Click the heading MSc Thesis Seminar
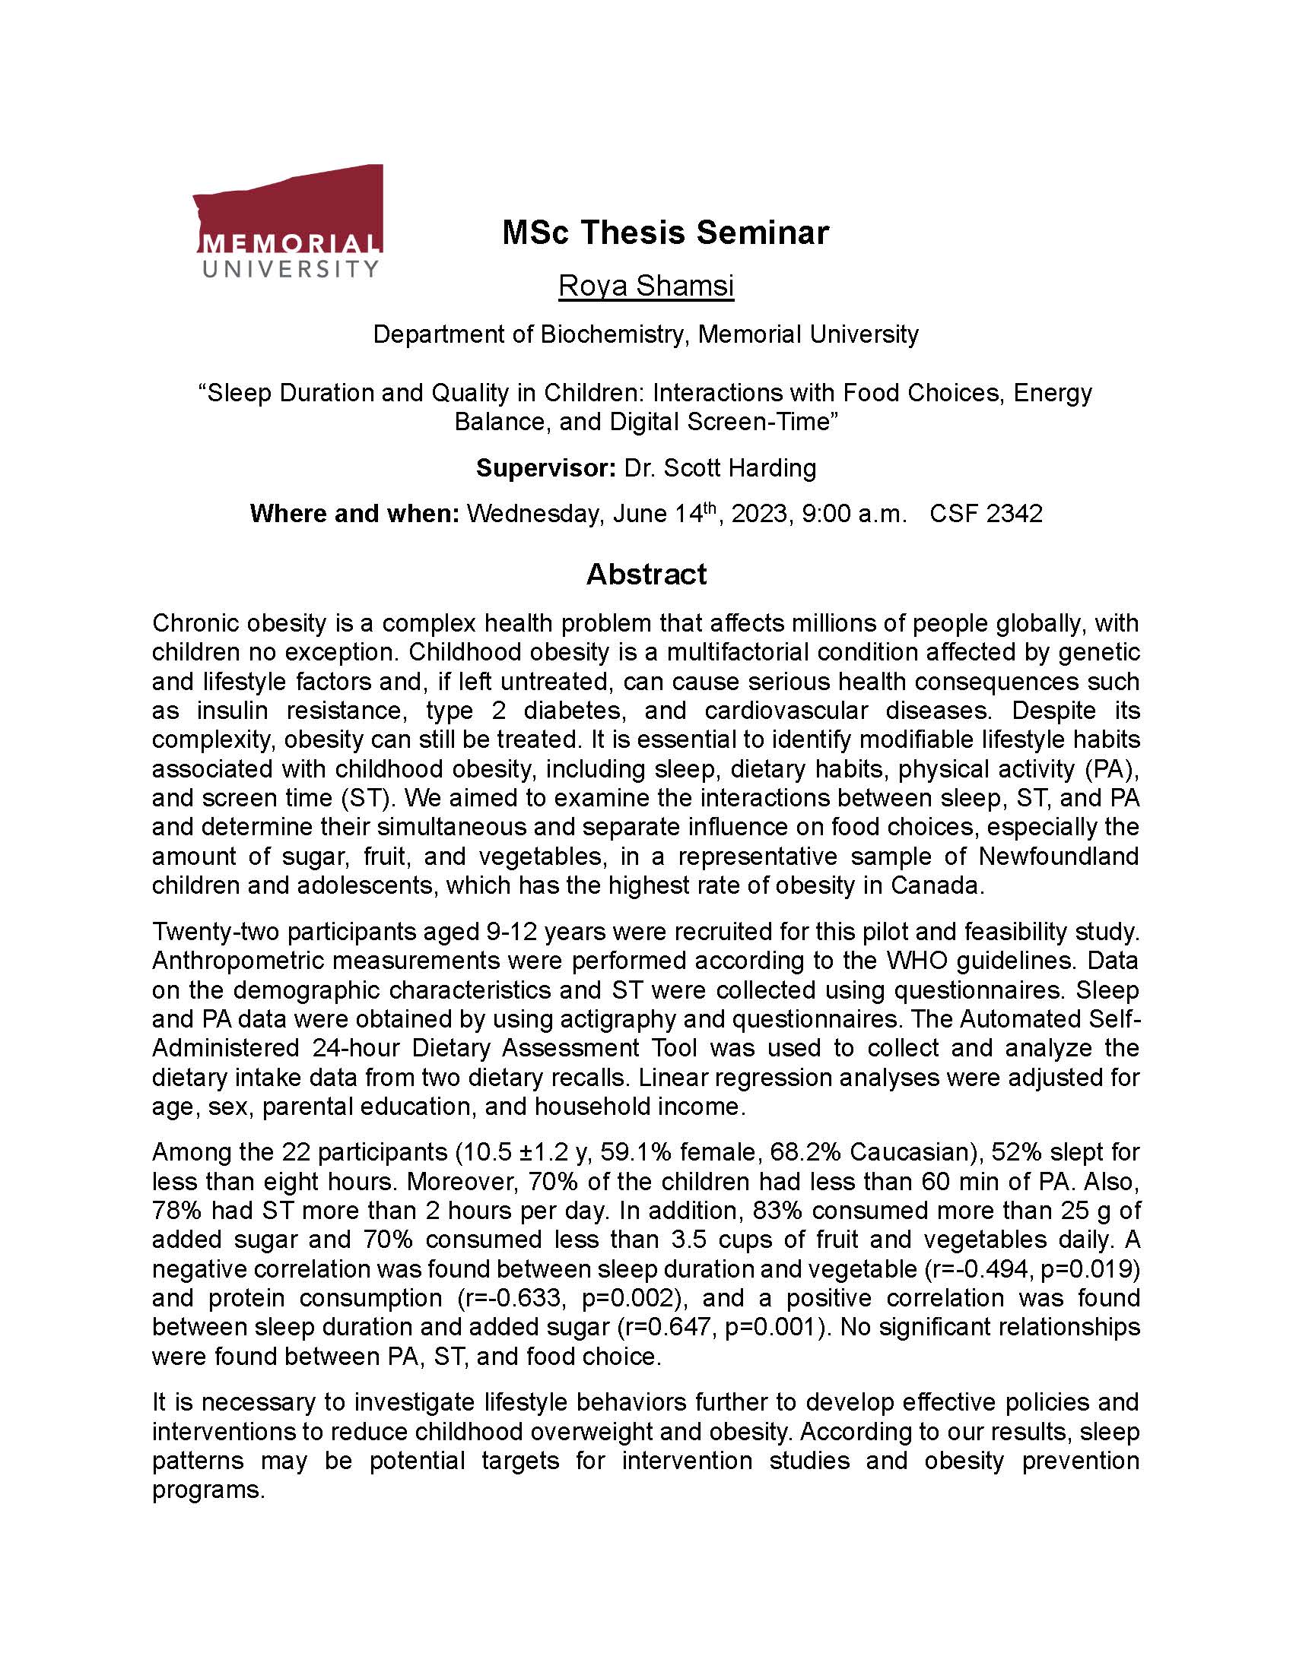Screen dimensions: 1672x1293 pos(665,233)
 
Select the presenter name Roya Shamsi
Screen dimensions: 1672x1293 pos(646,286)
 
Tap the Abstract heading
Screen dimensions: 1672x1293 pos(646,573)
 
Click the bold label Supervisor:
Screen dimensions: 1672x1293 pos(545,467)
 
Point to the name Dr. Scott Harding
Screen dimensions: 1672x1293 pos(720,467)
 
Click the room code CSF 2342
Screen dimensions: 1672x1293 pos(986,513)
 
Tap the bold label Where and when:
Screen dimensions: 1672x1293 pos(354,513)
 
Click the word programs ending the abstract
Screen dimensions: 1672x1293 pos(208,1490)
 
